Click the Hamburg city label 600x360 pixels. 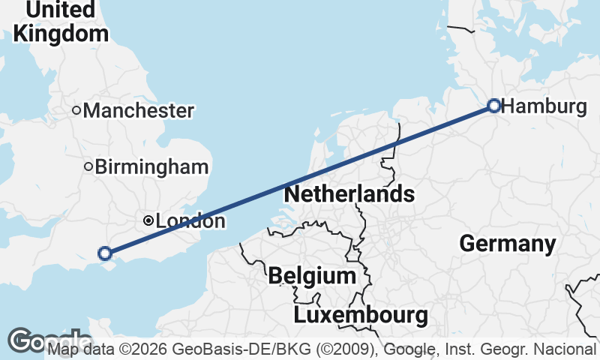(544, 106)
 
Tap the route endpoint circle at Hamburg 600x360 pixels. (494, 105)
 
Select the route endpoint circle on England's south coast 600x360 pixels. (105, 253)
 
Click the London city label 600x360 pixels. (190, 221)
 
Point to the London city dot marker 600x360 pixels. (148, 220)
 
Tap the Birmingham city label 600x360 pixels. (151, 167)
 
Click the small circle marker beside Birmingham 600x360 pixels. (88, 166)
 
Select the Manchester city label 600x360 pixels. (139, 111)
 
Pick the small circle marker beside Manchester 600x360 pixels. (76, 110)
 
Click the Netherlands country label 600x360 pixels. (349, 194)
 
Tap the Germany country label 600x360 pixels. (508, 244)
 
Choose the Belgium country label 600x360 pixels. (312, 275)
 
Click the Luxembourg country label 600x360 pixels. (361, 314)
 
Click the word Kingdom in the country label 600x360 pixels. (61, 34)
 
